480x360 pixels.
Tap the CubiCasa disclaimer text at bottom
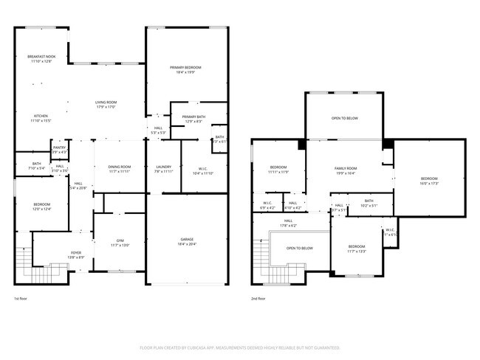click(x=240, y=347)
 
